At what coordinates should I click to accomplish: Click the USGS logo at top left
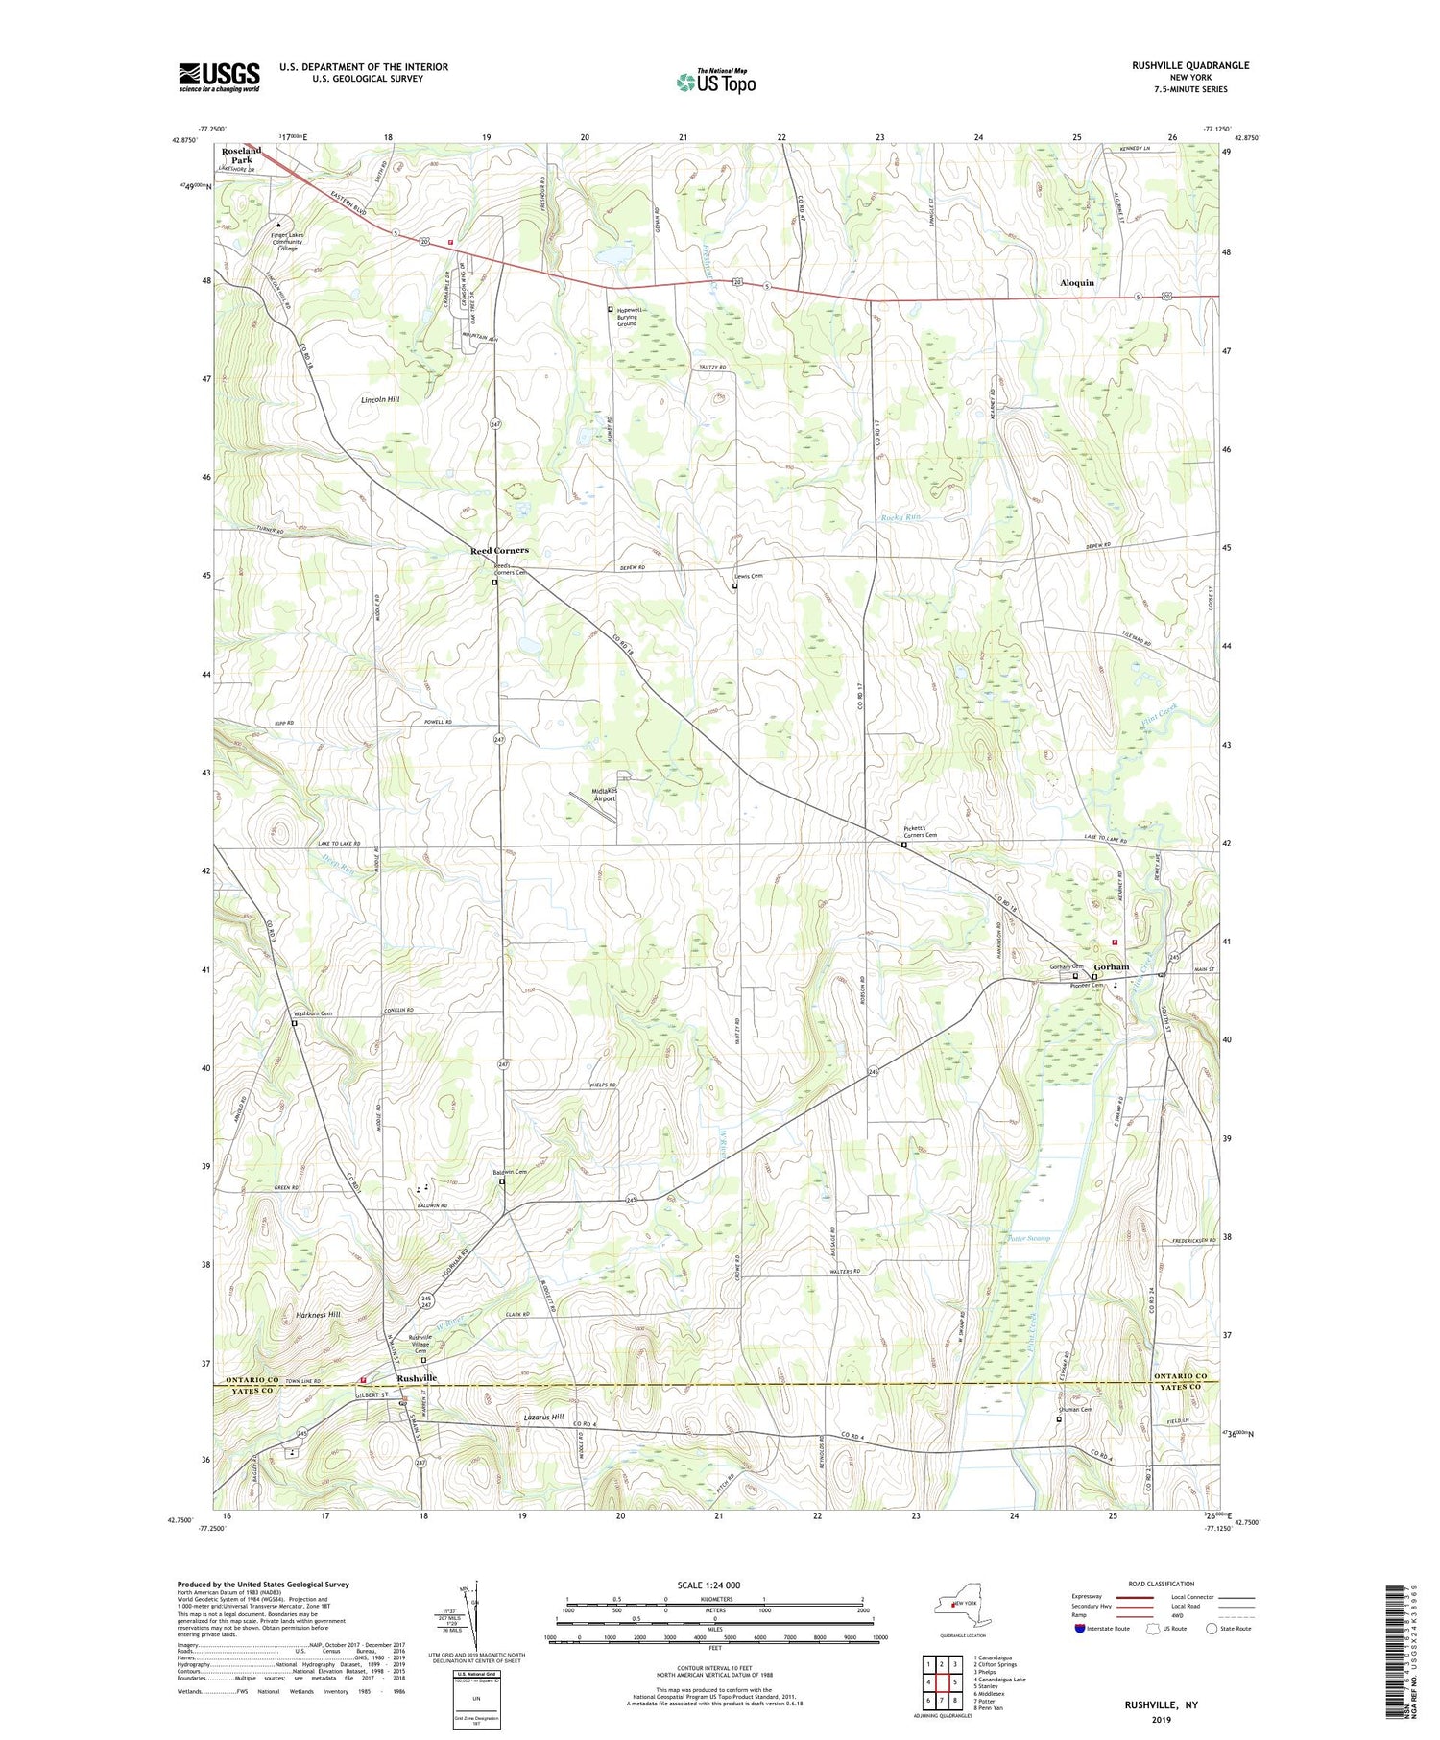219,77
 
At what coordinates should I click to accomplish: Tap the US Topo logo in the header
715,83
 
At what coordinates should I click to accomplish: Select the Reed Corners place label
499,551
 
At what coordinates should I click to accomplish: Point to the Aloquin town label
1076,283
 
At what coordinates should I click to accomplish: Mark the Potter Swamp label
1029,1238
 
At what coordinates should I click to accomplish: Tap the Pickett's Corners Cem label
920,831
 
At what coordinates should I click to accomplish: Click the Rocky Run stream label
900,518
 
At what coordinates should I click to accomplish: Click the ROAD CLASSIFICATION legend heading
1162,1584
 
